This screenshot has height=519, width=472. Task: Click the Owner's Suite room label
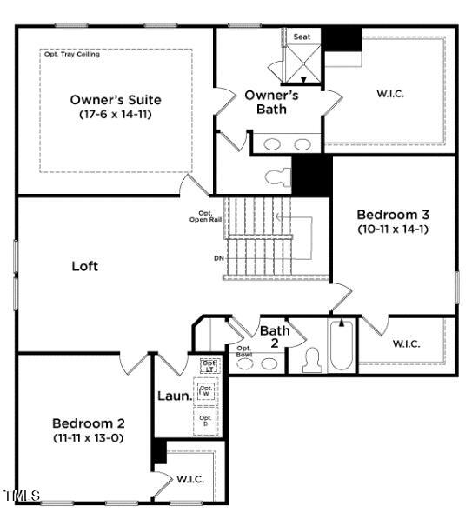coord(116,99)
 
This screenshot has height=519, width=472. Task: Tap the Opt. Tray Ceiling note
coord(71,54)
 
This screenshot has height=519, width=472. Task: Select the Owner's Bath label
coord(271,102)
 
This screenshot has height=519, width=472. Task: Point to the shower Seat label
coord(302,37)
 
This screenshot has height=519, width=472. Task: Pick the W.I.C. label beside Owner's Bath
coord(389,93)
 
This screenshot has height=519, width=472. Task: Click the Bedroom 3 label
coord(393,214)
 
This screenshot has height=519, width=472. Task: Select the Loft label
coord(84,266)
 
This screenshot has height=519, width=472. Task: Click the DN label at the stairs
coord(218,258)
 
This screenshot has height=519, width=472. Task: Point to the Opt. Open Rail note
coord(206,216)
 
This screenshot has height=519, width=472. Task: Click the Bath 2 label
coord(275,336)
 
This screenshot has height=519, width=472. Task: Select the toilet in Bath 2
coord(310,361)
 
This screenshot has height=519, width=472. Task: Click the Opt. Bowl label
coord(244,352)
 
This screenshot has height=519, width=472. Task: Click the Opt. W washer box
coord(207,391)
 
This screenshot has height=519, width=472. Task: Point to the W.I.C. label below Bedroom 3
coord(406,343)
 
